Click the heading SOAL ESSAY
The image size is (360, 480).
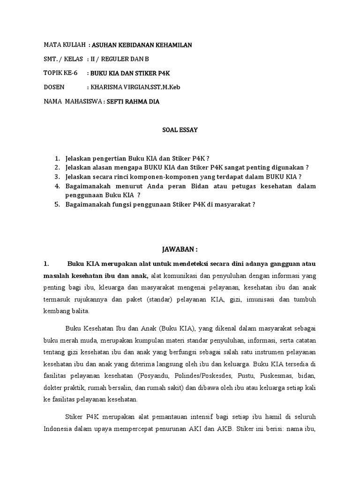click(177, 130)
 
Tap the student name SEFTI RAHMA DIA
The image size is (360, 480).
click(133, 102)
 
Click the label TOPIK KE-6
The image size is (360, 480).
click(60, 74)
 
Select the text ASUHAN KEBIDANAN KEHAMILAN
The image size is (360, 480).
click(142, 45)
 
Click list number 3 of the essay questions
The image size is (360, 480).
click(57, 177)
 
